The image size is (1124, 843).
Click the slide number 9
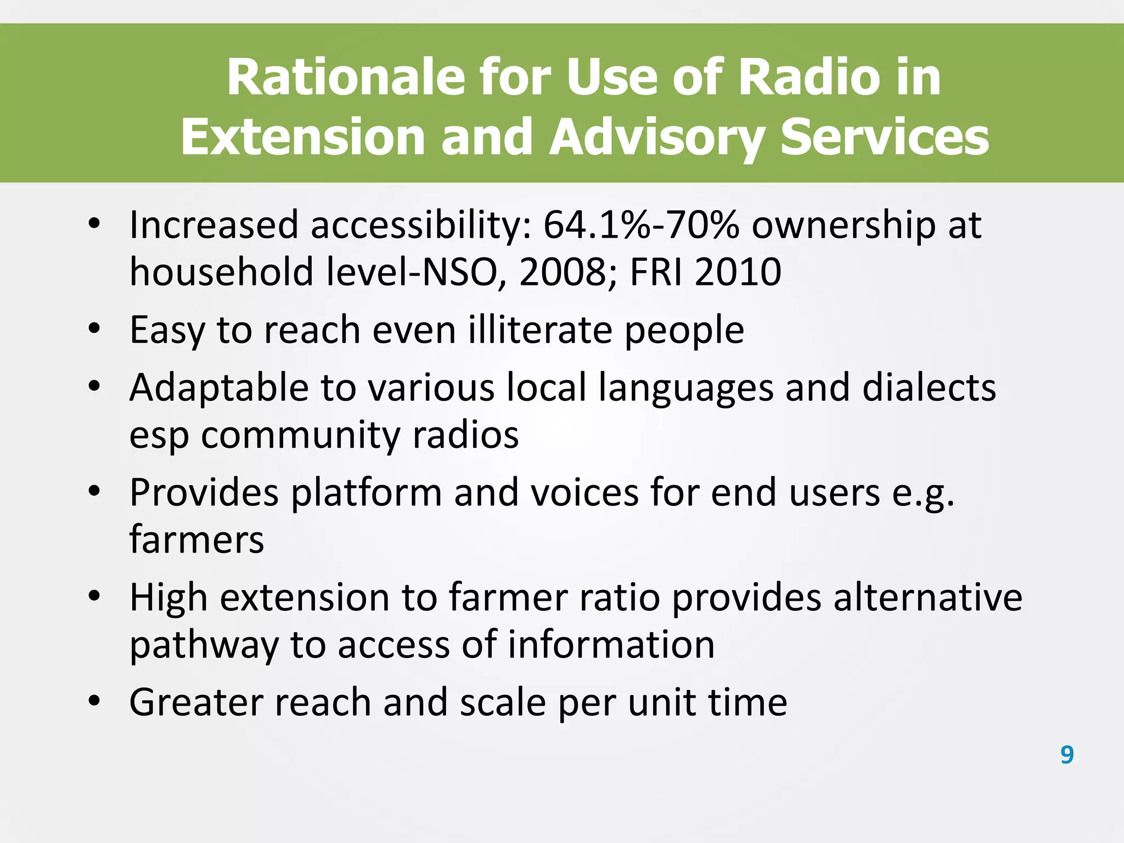coord(1067,755)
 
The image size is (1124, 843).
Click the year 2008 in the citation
coord(563,272)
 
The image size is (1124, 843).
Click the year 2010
coord(738,272)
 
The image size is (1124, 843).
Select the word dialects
coord(929,388)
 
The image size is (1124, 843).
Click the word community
coord(300,435)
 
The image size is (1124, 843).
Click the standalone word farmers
coord(196,540)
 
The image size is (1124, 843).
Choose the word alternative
coord(928,597)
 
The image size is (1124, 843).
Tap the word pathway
coord(204,645)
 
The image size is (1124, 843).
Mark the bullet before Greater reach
coord(94,700)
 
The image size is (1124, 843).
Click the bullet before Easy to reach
coord(94,328)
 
